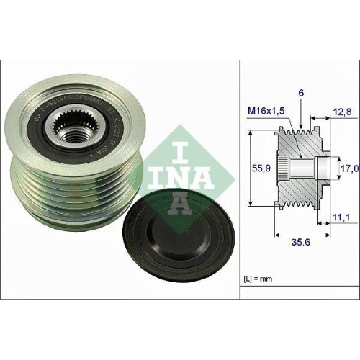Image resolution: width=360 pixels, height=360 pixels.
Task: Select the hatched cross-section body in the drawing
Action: [x=302, y=187]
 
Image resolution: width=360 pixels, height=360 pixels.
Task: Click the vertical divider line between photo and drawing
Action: [x=239, y=180]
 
